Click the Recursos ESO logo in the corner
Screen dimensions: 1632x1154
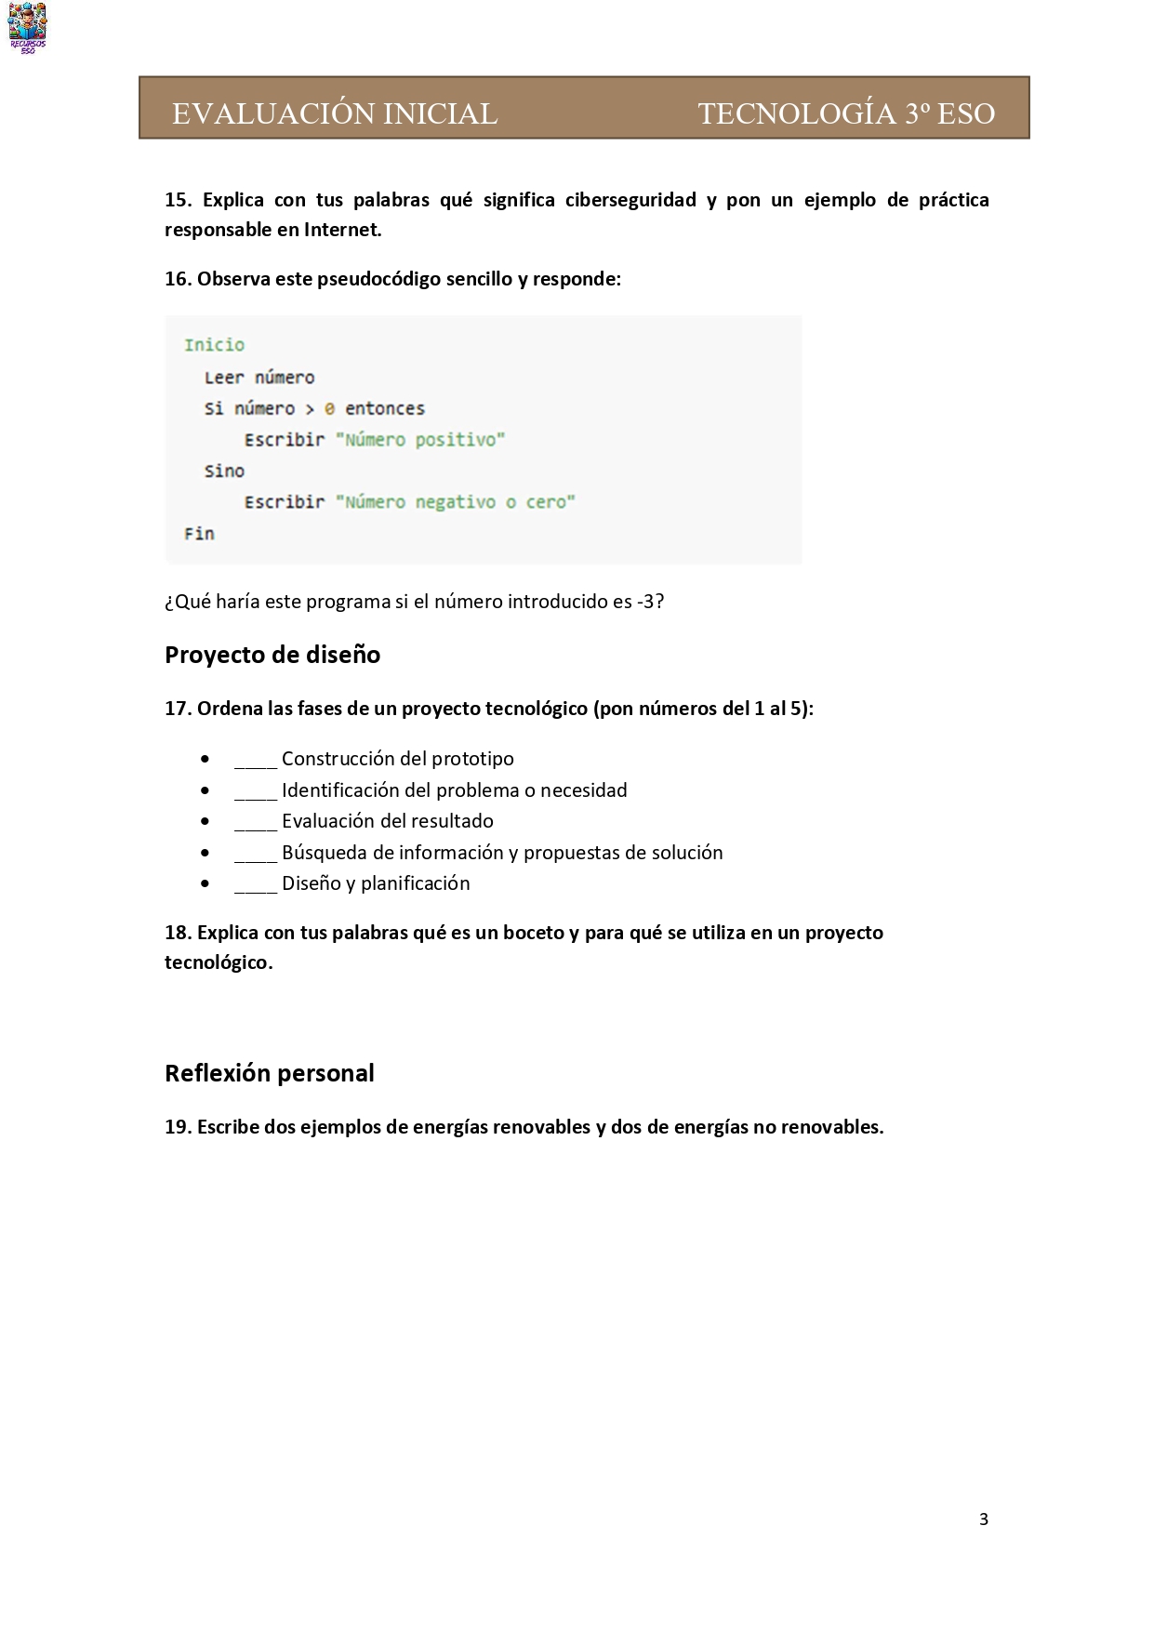click(x=27, y=28)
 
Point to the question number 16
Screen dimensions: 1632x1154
click(x=178, y=279)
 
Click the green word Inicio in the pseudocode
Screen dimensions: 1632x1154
click(x=214, y=345)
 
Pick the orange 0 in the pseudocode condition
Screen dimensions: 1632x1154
click(x=329, y=408)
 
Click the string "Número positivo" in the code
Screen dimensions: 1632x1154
click(x=419, y=440)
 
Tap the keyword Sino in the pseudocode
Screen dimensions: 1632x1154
click(x=224, y=471)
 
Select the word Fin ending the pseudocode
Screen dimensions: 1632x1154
click(x=199, y=534)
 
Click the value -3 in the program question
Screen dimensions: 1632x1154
click(x=646, y=602)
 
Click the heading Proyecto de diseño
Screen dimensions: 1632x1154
click(x=272, y=655)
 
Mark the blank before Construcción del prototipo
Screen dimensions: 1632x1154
click(x=256, y=761)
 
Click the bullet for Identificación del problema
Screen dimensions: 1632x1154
click(x=205, y=790)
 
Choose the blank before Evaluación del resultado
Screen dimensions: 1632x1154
click(x=256, y=823)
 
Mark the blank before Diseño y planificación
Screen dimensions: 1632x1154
click(x=256, y=885)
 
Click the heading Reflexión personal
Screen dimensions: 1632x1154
click(x=270, y=1073)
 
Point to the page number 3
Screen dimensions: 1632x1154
click(x=983, y=1520)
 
